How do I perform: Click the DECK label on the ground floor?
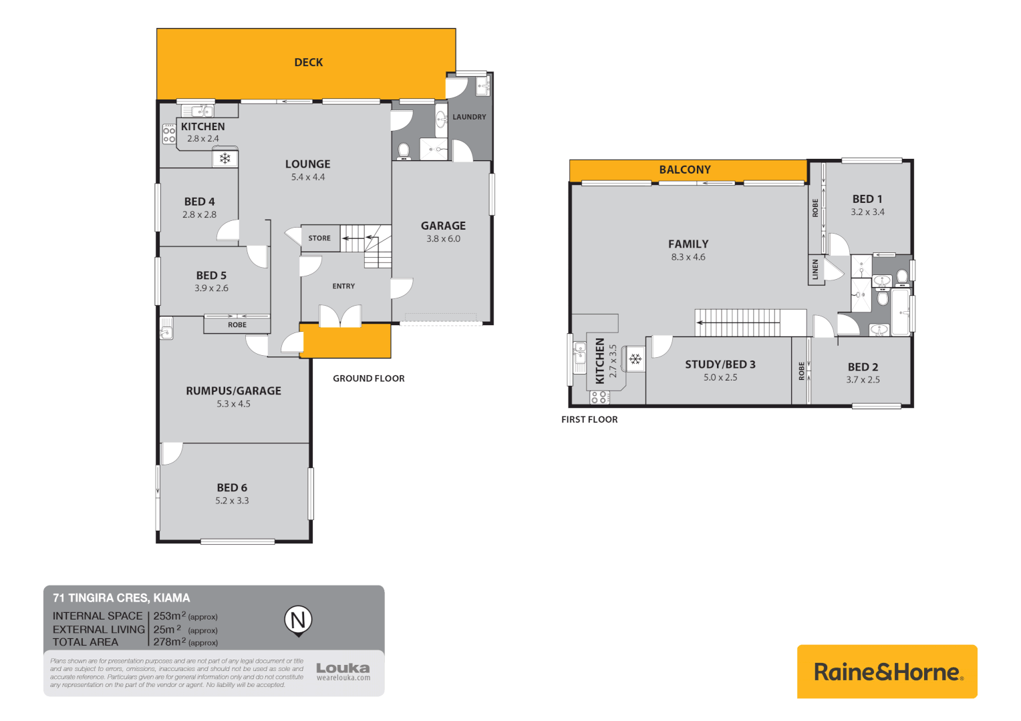click(309, 63)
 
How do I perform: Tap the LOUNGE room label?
click(307, 164)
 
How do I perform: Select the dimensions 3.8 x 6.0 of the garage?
click(443, 239)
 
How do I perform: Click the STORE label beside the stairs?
click(319, 238)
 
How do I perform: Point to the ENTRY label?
click(343, 286)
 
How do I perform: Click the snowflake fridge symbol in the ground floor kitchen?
click(225, 159)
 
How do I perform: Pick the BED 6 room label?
click(232, 488)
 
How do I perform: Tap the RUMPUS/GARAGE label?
click(233, 391)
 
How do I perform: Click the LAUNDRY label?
click(469, 117)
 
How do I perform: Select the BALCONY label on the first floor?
click(685, 170)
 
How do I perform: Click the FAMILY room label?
click(688, 244)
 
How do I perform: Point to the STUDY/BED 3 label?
click(720, 365)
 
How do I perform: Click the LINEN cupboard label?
click(815, 270)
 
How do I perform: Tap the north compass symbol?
click(298, 620)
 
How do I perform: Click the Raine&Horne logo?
click(887, 672)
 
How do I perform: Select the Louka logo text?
click(343, 668)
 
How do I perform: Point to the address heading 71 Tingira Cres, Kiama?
click(121, 598)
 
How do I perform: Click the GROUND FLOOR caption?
click(368, 379)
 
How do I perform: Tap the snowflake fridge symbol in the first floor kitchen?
click(635, 359)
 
